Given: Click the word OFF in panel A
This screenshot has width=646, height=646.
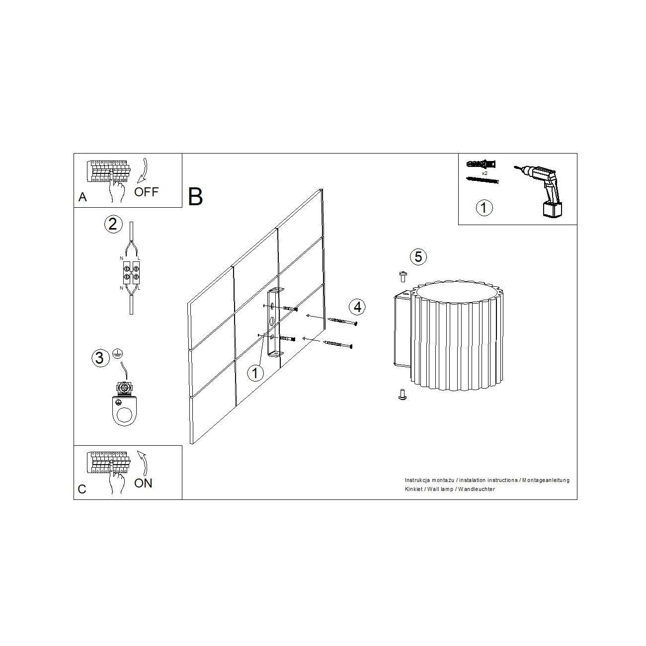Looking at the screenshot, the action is coord(146,192).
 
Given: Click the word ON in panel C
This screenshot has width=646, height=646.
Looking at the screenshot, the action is coord(143,483).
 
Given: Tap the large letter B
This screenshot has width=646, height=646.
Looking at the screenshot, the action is coord(195,197).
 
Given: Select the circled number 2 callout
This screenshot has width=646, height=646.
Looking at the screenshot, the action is coord(113,224).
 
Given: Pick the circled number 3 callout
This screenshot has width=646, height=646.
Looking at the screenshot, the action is coord(100,358).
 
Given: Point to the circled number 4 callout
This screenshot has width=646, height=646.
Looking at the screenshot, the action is coord(357,307).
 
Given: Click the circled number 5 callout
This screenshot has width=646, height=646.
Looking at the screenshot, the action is coord(418,257).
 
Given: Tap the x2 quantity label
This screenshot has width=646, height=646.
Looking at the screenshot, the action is coord(484,173).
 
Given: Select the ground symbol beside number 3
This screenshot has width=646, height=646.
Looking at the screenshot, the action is coord(117,353).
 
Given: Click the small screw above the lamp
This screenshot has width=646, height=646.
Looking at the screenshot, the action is coord(403,277).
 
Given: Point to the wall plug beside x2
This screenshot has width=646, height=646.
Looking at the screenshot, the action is coord(481,164).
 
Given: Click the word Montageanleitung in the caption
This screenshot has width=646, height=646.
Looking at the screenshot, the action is coord(546,480).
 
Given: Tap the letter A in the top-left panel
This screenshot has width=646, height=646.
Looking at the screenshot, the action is coord(82,197).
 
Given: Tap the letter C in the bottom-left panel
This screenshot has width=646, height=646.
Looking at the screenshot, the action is coord(82,489).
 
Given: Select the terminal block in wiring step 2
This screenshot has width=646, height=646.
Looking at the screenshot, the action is coord(131,273).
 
